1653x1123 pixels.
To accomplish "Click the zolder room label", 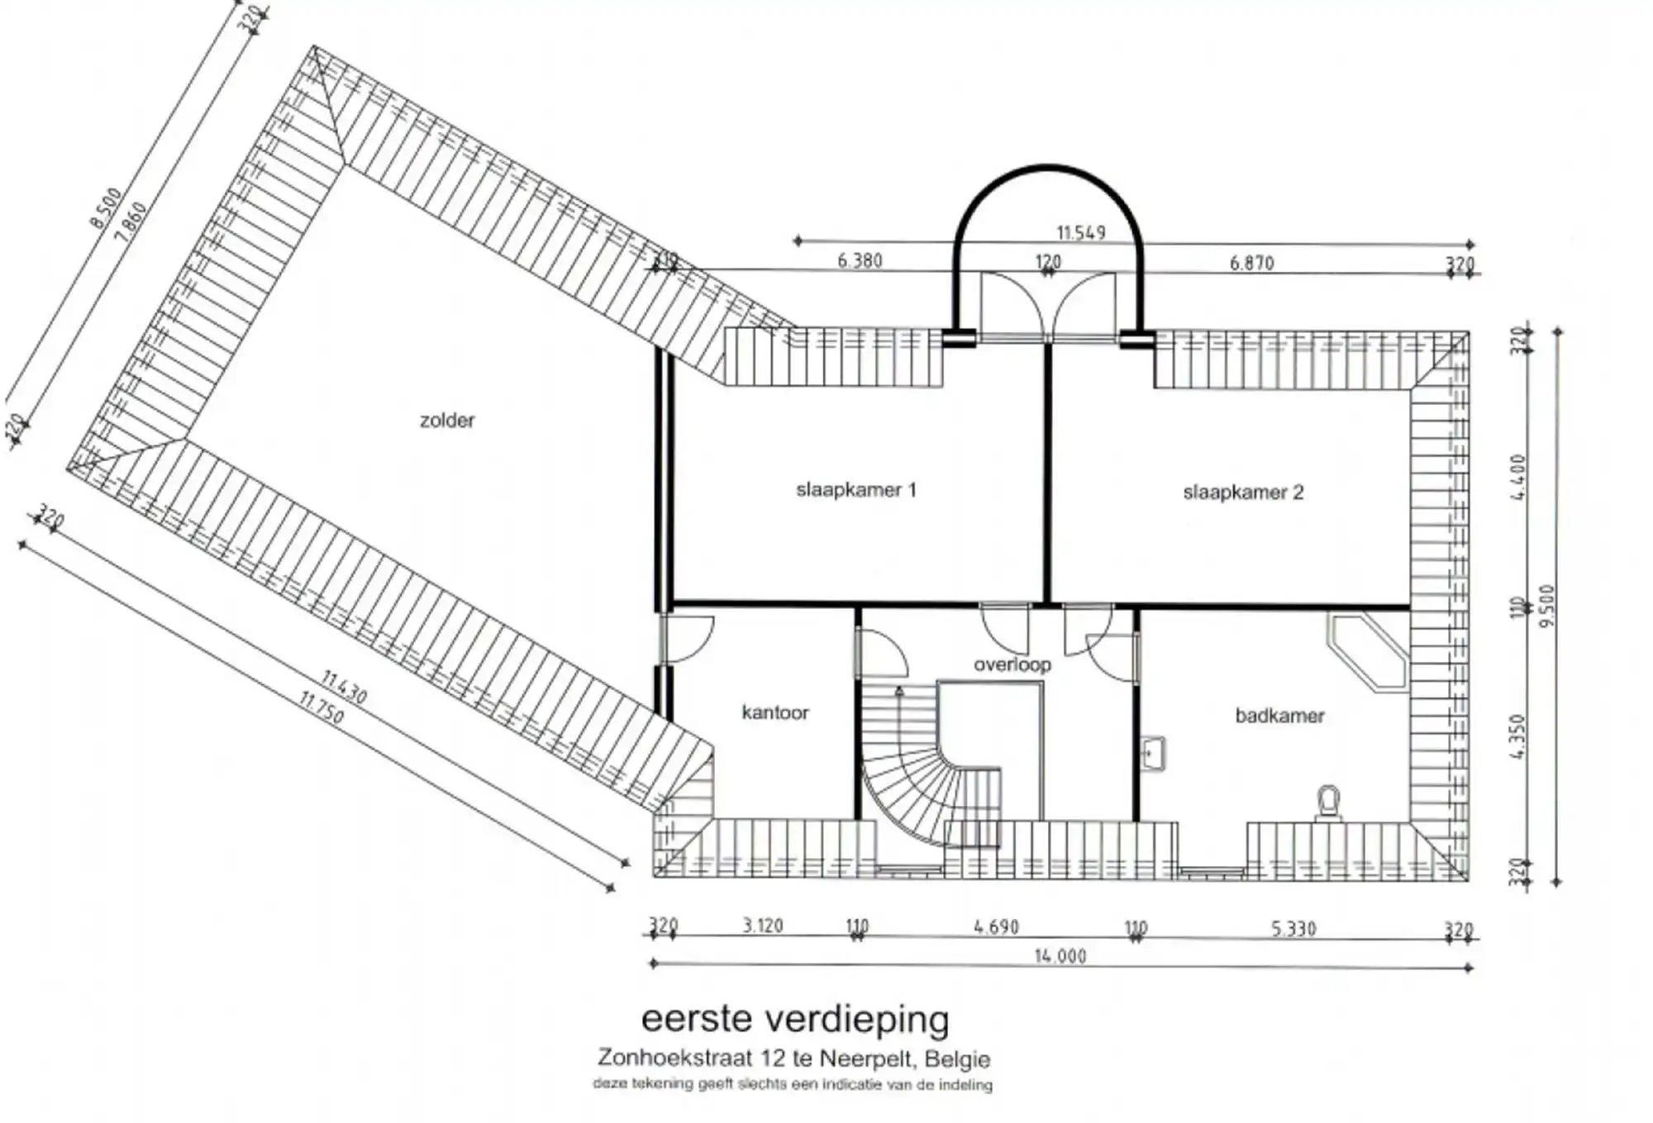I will [447, 421].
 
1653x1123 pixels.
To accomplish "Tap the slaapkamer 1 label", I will [855, 490].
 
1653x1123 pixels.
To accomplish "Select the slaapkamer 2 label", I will [1242, 493].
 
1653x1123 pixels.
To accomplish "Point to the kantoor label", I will [774, 712].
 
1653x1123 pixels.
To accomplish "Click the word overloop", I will [1012, 664].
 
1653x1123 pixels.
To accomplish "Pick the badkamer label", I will [1279, 716].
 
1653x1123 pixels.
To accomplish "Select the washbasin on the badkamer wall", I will [1154, 754].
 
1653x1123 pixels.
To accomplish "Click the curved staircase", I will [917, 785].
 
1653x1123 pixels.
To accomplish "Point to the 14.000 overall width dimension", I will [1060, 956].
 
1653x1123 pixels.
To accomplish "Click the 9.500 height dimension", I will [1547, 605].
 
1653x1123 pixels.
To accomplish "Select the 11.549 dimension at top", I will [1080, 233].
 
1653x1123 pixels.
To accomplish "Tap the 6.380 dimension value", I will [860, 261].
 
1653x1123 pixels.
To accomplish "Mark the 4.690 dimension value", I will [996, 927].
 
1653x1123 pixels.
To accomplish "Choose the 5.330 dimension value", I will [1293, 929].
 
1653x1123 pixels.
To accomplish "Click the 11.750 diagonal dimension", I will [321, 708].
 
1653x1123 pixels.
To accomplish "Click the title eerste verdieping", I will [795, 1019].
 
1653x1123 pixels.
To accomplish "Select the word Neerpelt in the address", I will [868, 1059].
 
